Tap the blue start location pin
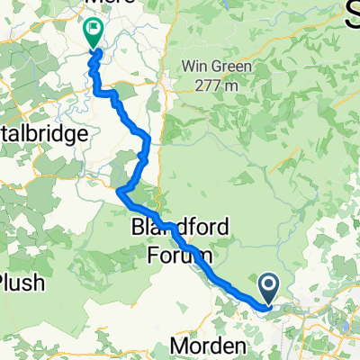[x=269, y=290]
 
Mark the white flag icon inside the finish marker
[x=92, y=30]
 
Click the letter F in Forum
[x=150, y=255]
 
